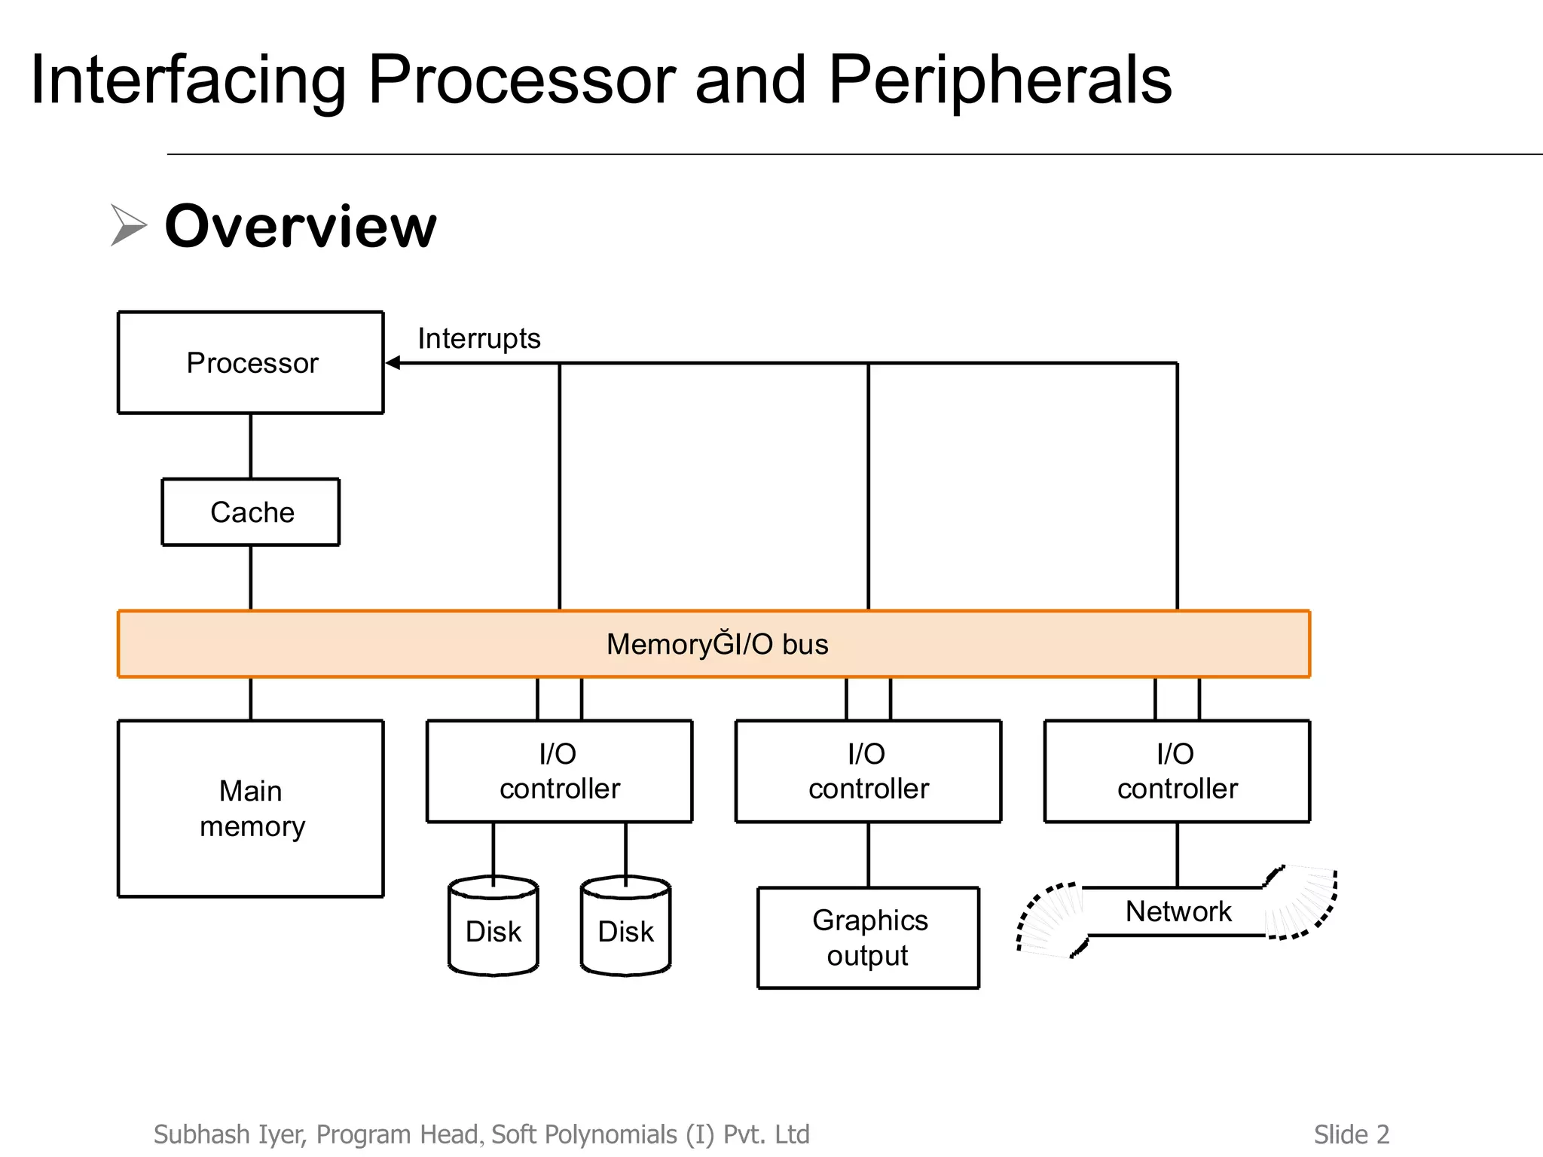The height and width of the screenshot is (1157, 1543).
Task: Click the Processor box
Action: [x=251, y=362]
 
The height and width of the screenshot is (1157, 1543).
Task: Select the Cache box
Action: [x=251, y=512]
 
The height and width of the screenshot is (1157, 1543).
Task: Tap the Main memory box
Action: [x=251, y=808]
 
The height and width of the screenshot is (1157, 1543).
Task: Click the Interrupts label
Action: [x=479, y=338]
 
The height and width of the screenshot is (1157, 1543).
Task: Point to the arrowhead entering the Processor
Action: [x=393, y=363]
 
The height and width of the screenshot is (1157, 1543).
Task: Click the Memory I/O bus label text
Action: [x=717, y=644]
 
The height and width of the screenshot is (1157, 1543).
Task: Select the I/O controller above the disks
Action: [x=559, y=771]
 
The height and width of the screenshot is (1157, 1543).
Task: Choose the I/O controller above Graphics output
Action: [x=868, y=771]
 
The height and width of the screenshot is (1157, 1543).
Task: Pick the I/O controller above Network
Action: [x=1177, y=771]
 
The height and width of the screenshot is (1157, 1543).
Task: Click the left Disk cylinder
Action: [x=493, y=931]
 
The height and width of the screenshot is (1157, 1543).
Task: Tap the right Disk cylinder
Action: [x=625, y=931]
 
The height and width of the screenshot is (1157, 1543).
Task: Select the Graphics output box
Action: [x=868, y=938]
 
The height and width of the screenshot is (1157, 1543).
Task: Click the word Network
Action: [x=1178, y=911]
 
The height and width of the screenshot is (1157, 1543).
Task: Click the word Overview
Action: [x=301, y=226]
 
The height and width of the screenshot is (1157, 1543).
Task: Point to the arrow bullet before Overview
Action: [x=128, y=224]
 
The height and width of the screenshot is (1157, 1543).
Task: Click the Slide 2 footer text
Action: [x=1351, y=1134]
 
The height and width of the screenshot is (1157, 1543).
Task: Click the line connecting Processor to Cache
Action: [x=251, y=446]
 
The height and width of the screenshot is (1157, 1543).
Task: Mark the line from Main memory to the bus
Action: [x=251, y=699]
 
